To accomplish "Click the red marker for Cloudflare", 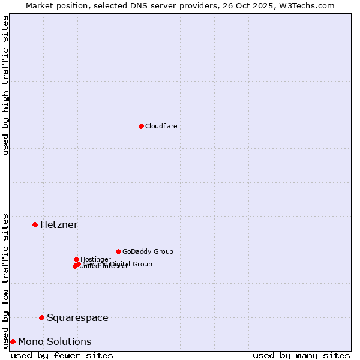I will coord(141,126).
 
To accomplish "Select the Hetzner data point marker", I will coord(35,224).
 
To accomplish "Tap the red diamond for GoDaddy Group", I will coord(118,251).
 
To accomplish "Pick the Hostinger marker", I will coord(76,259).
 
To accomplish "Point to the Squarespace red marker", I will coord(41,317).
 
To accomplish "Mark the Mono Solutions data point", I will coord(13,341).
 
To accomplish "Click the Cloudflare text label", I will coord(161,126).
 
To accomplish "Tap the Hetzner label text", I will coord(59,224).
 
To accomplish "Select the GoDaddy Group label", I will coord(148,251).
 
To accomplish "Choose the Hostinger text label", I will coord(95,259).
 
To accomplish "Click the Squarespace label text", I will coord(77,317).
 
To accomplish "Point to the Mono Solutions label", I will coord(55,341).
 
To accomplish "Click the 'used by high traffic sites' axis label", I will coord(5,85).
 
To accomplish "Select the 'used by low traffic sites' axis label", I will coord(5,280).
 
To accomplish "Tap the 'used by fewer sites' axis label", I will coord(62,355).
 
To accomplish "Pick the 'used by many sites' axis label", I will coord(301,355).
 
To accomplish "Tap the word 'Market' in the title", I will coord(40,5).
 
